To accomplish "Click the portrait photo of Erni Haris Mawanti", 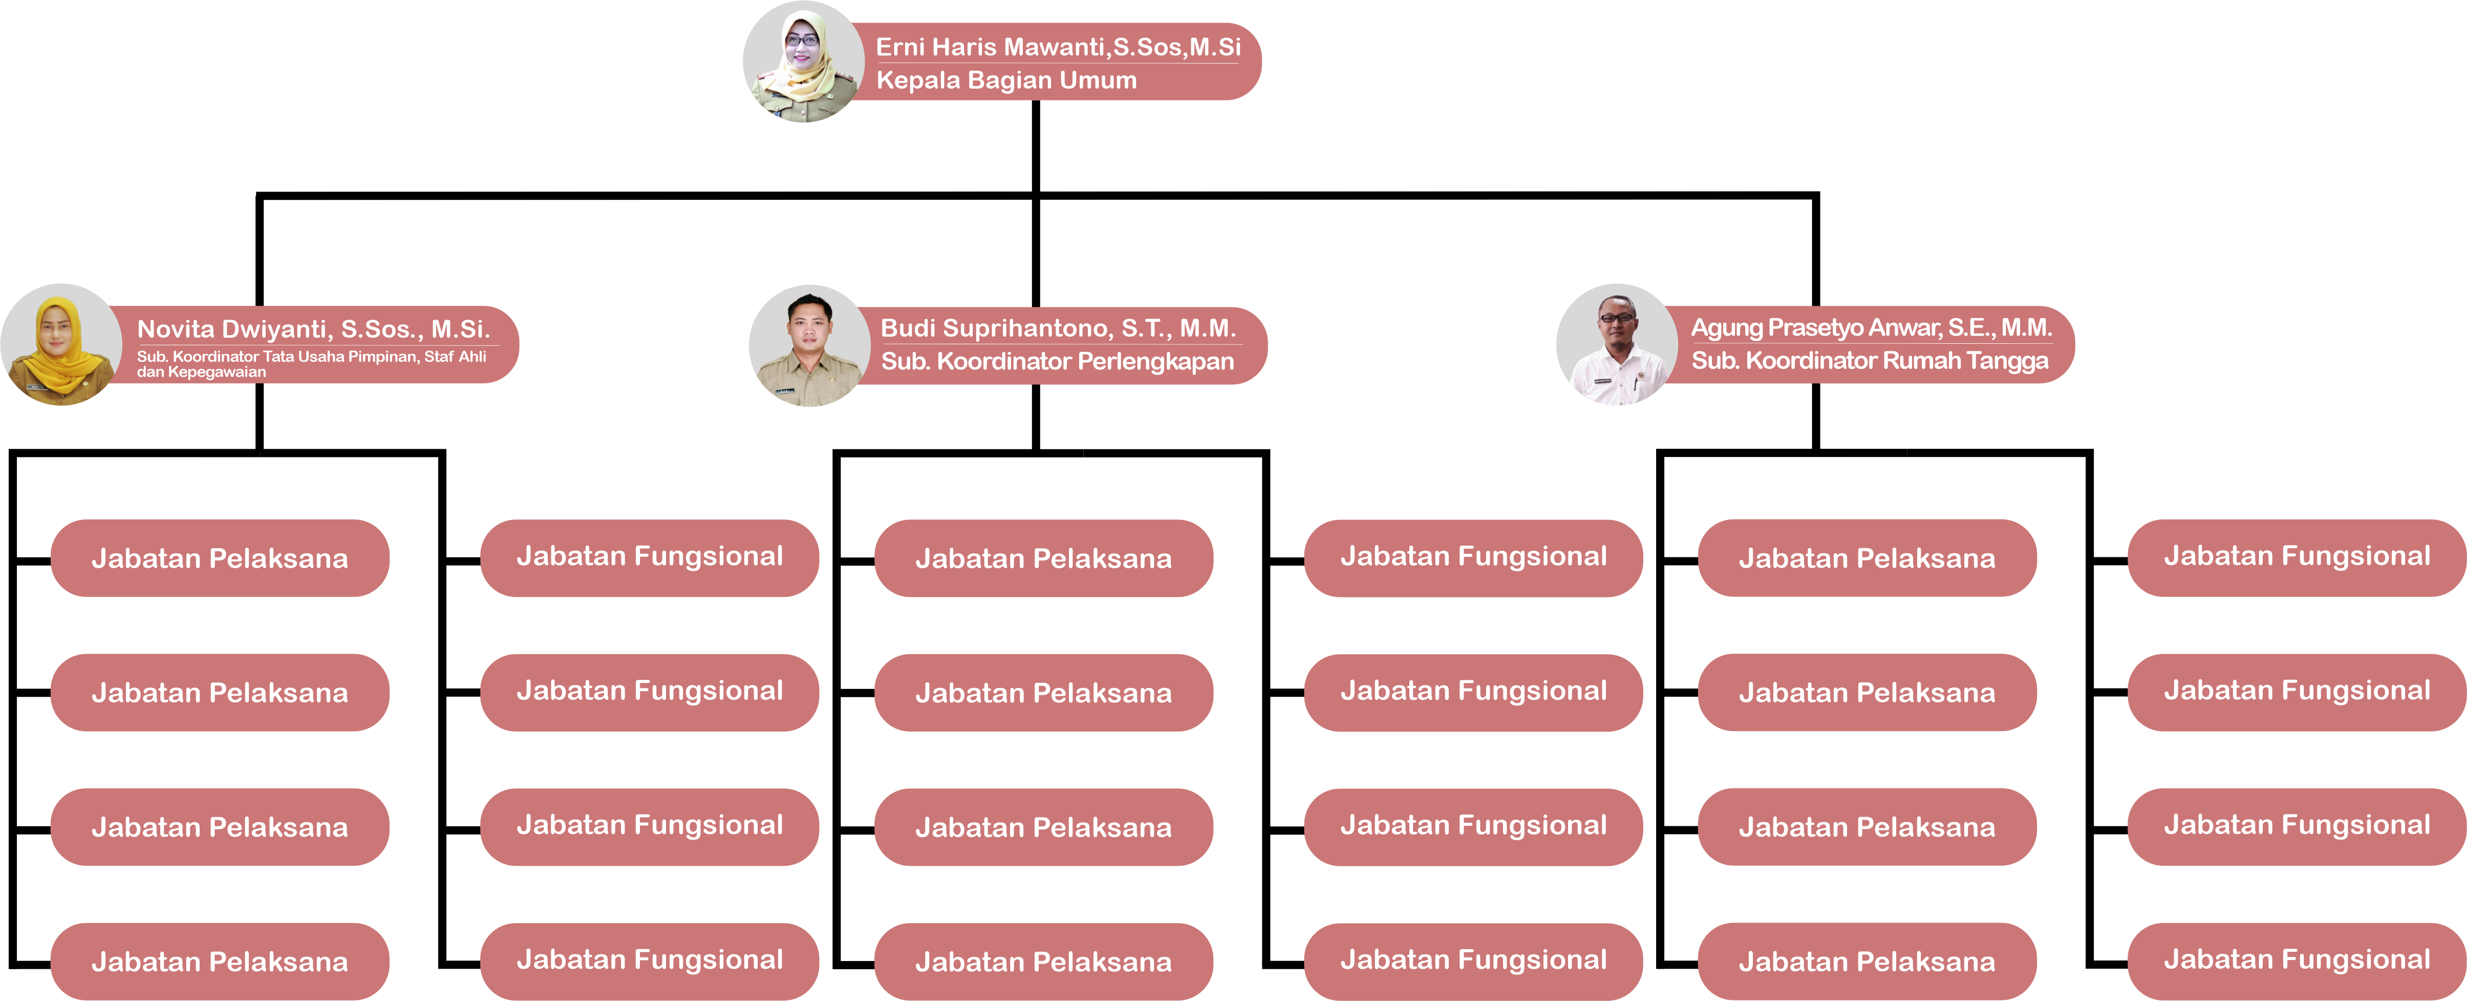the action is (x=804, y=61).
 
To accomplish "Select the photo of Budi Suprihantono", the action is (x=809, y=346).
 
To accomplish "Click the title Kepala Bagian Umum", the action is (x=1006, y=80).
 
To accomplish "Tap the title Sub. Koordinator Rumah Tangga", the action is (x=1870, y=361).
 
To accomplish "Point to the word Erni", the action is (x=900, y=47).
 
